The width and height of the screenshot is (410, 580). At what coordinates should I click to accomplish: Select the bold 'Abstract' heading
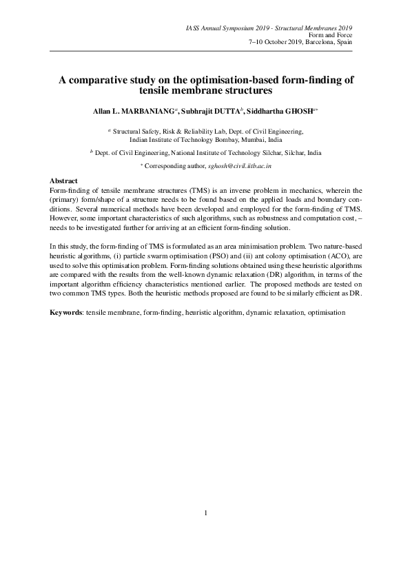coord(65,180)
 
